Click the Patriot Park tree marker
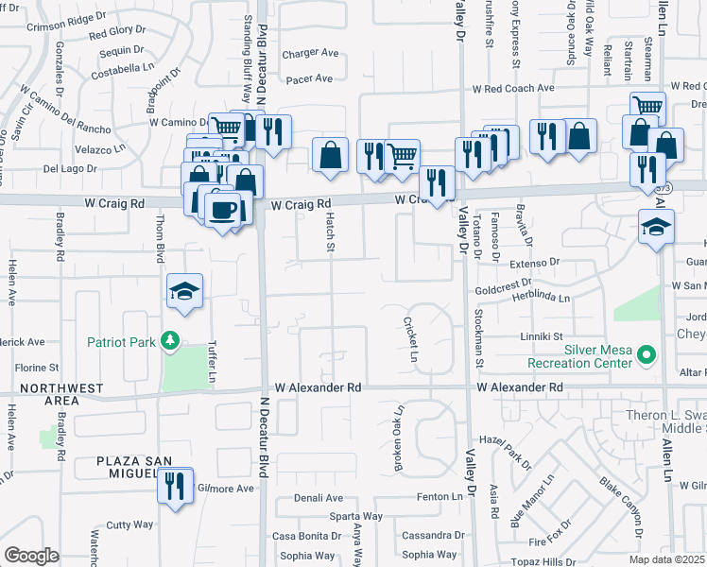pyautogui.click(x=170, y=340)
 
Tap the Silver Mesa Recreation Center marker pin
pyautogui.click(x=647, y=356)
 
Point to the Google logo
pyautogui.click(x=31, y=555)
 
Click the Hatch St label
pyautogui.click(x=331, y=232)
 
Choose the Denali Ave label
pyautogui.click(x=318, y=498)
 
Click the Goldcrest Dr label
pyautogui.click(x=504, y=282)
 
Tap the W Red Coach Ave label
pyautogui.click(x=514, y=88)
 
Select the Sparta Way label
pyautogui.click(x=355, y=517)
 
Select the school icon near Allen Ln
pyautogui.click(x=655, y=227)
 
